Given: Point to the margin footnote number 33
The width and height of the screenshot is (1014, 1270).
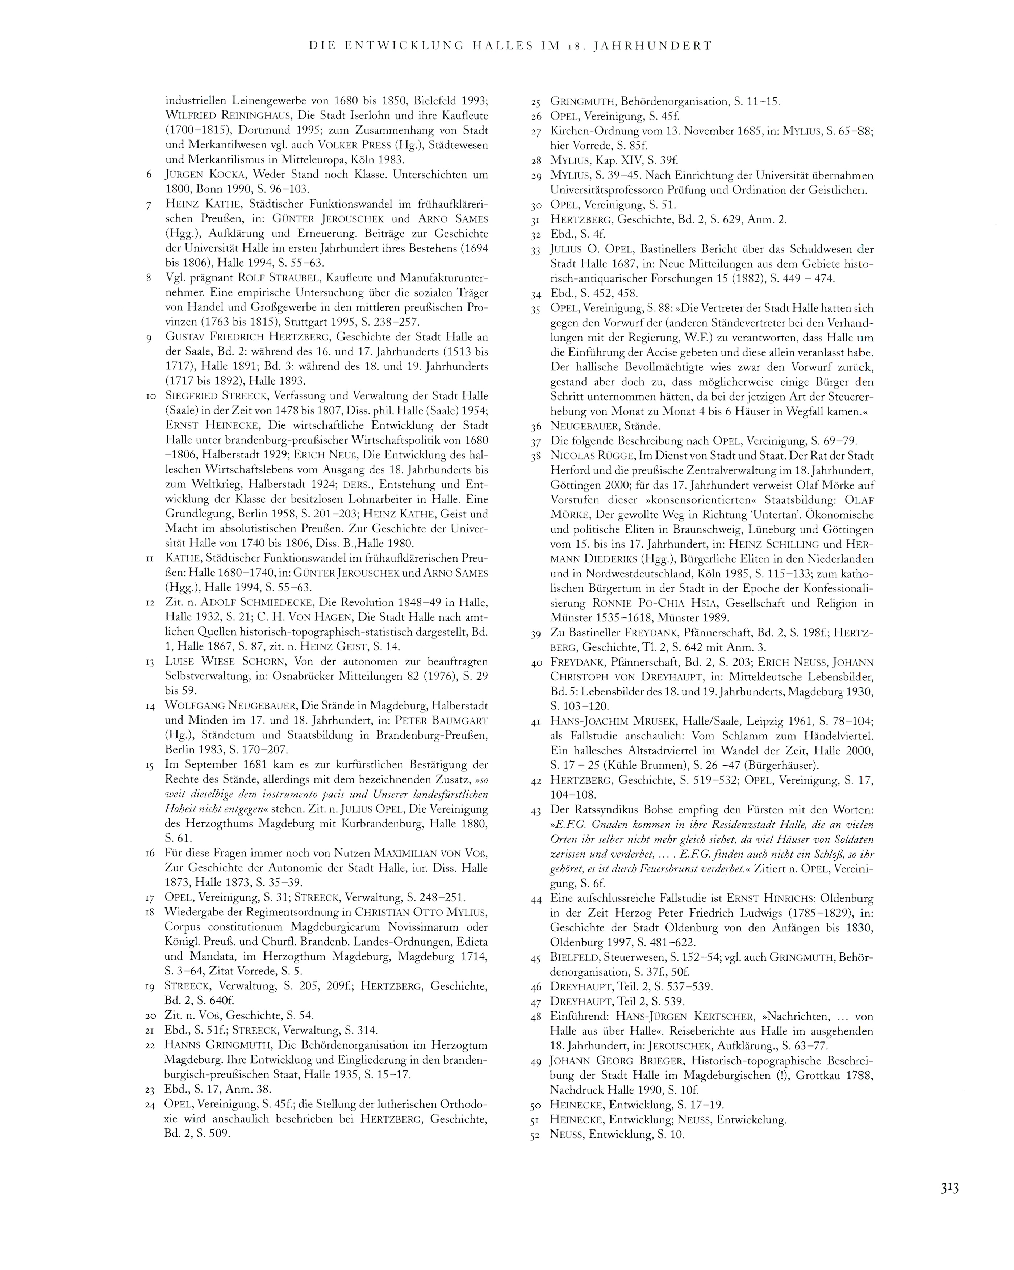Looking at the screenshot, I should (535, 250).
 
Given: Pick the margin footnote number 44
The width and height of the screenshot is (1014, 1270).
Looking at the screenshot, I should (535, 900).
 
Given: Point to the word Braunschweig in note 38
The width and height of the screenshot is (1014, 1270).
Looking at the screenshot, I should (696, 529).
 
